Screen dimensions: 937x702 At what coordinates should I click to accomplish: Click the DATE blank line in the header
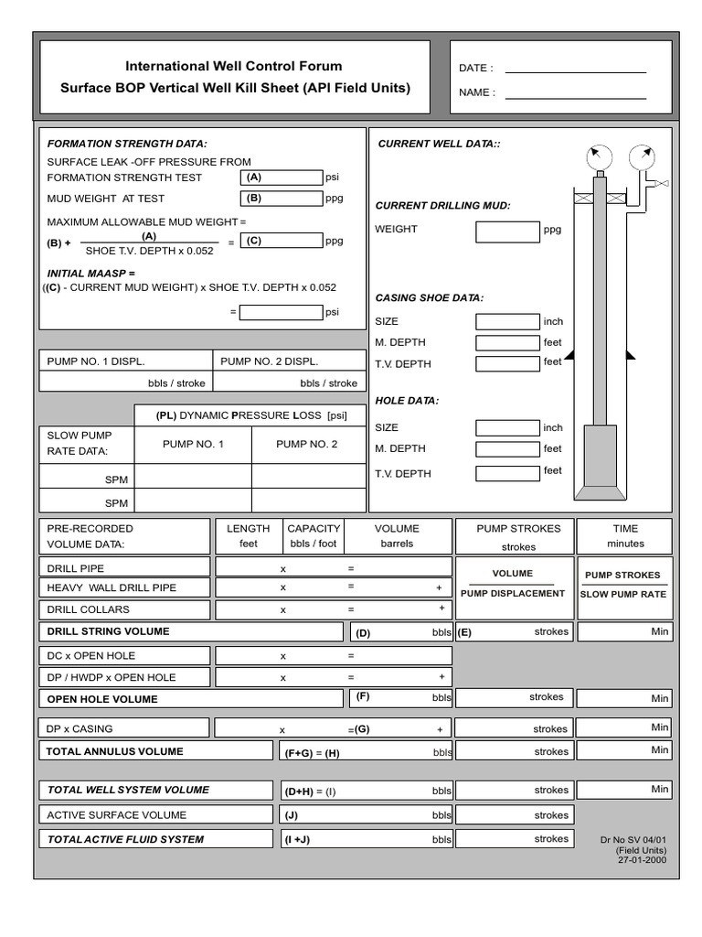pos(575,70)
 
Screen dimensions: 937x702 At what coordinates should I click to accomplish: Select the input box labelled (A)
pos(282,178)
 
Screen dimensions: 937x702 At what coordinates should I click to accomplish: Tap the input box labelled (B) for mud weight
pos(282,198)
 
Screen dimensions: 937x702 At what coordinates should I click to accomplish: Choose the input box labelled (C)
pos(282,241)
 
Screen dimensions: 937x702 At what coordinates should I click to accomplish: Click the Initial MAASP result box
pos(282,312)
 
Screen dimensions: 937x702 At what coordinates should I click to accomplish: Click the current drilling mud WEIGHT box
pos(507,232)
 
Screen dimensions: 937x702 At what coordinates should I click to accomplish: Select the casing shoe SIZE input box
pos(507,321)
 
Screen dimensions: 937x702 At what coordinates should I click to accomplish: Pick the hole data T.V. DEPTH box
pos(507,473)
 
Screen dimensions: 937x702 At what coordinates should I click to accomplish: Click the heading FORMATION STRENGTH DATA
pos(127,144)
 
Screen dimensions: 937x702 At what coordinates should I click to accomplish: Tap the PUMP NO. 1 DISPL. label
pos(96,361)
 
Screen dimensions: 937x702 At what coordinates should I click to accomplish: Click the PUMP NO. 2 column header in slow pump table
pos(307,445)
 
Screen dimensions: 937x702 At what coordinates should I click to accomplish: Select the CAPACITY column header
pos(314,529)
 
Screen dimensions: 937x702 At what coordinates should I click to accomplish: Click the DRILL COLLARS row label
pos(89,609)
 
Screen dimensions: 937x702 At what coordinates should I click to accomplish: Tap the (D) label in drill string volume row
pos(364,632)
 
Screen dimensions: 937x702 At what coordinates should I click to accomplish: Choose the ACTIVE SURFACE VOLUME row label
pos(117,815)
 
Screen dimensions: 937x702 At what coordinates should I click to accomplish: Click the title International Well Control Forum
pos(234,67)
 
